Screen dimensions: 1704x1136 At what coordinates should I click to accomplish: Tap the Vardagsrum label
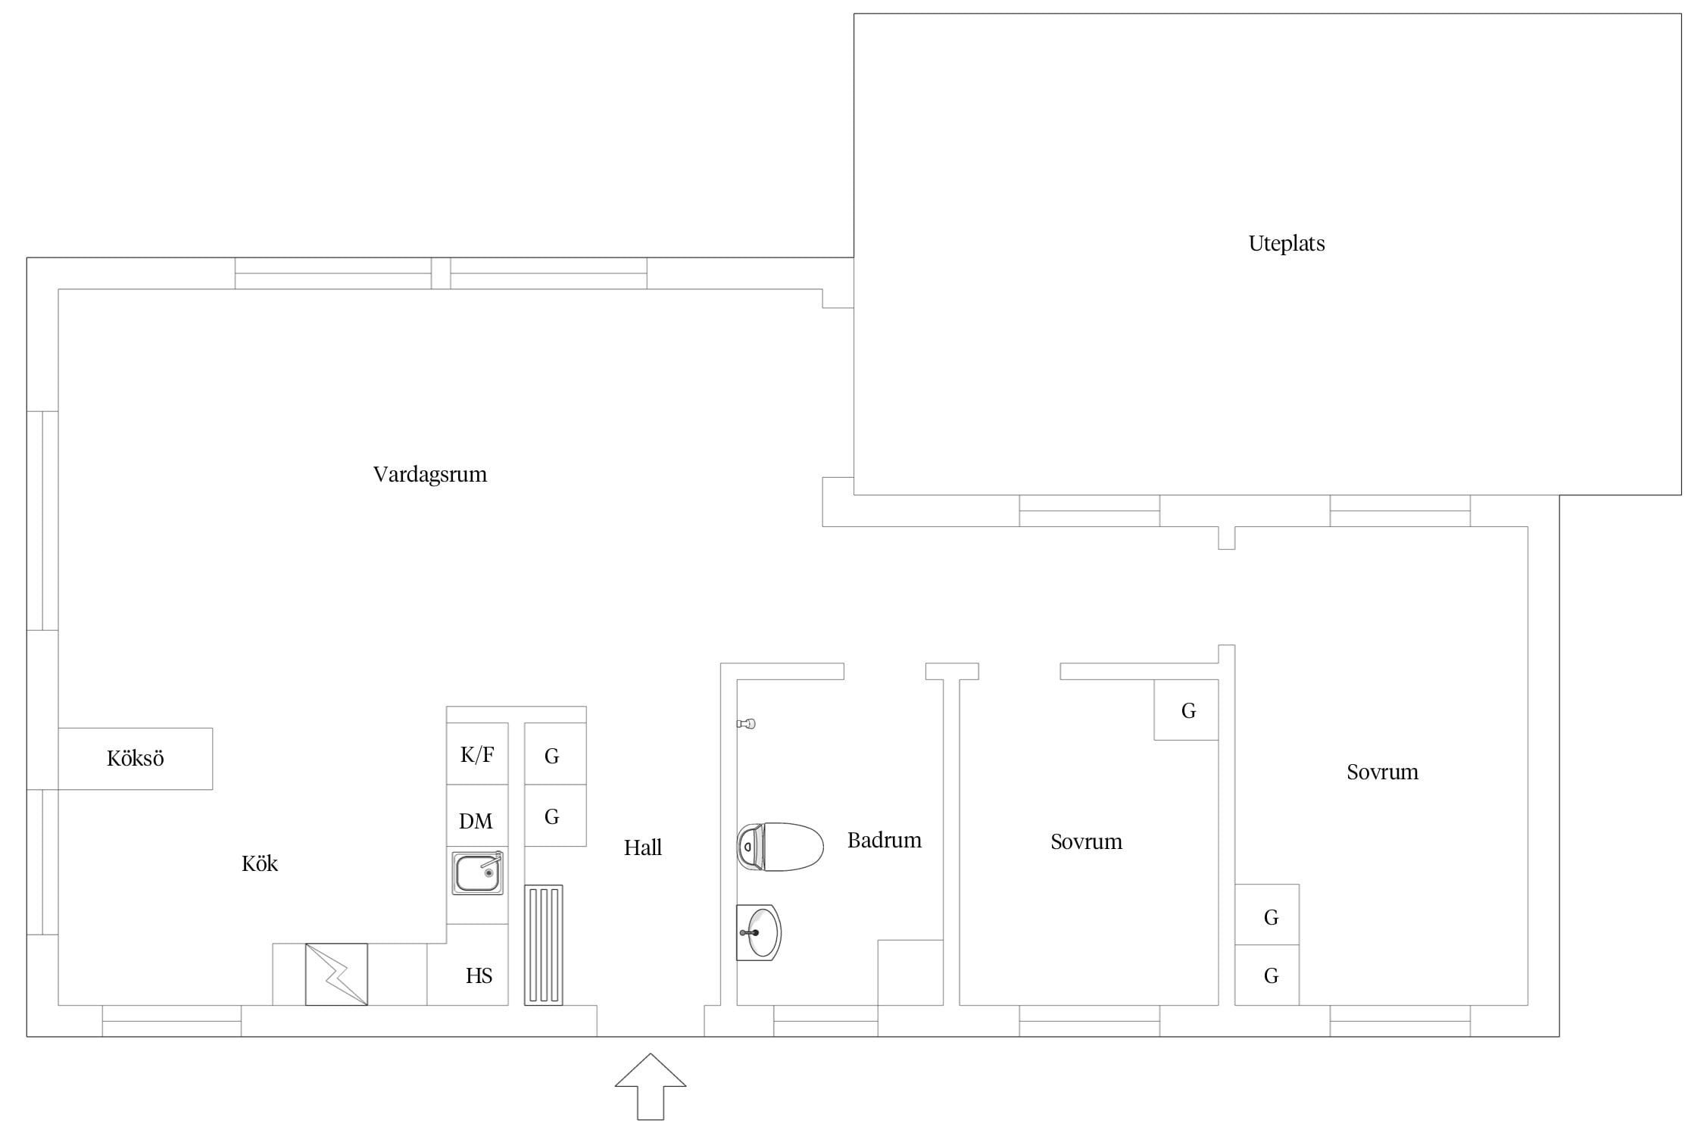point(430,475)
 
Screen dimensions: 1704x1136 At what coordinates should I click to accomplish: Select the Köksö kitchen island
point(136,759)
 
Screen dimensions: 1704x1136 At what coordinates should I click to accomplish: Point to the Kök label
point(260,863)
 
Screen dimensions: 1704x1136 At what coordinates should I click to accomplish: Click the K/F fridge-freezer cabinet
point(477,754)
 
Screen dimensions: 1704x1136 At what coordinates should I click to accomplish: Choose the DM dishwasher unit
point(477,816)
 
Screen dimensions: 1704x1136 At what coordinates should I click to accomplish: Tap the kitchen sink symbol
point(478,872)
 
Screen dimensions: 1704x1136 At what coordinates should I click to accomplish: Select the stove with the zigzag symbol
point(336,974)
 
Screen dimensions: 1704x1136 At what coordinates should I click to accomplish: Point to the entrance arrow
point(651,1086)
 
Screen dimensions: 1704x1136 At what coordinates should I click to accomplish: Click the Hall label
point(643,847)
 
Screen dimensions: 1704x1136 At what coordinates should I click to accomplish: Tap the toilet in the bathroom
point(780,847)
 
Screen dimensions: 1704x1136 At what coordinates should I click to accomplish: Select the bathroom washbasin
point(758,932)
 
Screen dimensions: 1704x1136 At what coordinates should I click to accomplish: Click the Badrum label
point(885,841)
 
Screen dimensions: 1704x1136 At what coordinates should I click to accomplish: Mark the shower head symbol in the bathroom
point(747,724)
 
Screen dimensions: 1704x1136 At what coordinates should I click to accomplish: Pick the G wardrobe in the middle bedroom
point(1186,710)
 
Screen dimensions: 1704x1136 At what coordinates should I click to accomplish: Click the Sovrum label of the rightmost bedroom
point(1382,772)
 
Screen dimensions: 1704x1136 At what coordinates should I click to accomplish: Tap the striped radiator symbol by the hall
point(544,945)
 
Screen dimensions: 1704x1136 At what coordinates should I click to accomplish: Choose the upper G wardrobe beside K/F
point(555,754)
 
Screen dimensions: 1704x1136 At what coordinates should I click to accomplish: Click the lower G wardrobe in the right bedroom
point(1267,975)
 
